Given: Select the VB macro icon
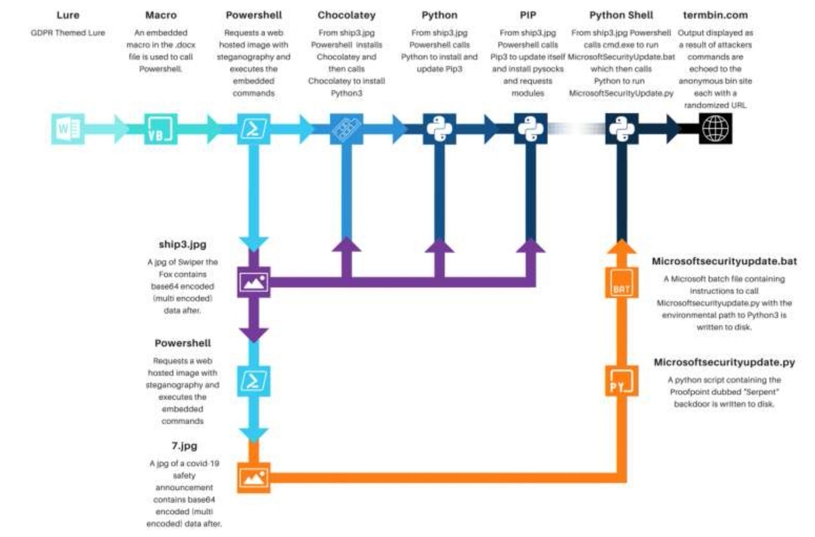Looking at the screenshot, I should [161, 129].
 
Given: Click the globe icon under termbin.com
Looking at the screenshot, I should [716, 129].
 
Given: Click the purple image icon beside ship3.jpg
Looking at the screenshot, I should [253, 280].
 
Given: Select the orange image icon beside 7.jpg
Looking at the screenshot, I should [253, 477].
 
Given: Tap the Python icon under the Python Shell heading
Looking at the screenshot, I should [620, 129].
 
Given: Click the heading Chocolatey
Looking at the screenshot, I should [346, 15].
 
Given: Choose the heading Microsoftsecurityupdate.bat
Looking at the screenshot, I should [724, 261].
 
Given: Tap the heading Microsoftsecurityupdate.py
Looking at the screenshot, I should [724, 363].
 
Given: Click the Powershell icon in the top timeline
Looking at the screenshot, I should [253, 129].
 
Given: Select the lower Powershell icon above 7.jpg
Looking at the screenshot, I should [253, 382].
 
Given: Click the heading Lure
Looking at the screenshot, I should [68, 15].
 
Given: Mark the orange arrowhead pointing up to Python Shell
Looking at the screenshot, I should [620, 249].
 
